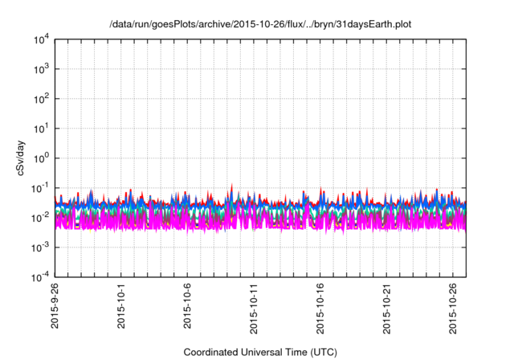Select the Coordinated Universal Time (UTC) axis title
tap(260, 352)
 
